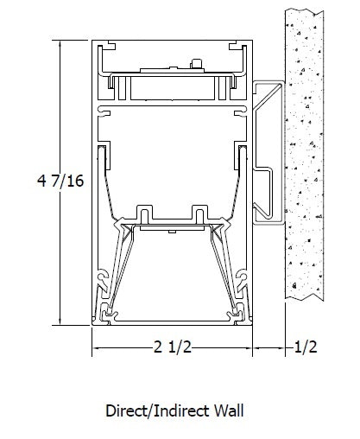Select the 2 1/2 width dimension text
[173, 347]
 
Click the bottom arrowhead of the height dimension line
[60, 321]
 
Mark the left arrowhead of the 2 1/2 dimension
[97, 347]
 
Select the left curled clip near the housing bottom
[104, 278]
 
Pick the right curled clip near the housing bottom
[240, 278]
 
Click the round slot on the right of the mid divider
[240, 110]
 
